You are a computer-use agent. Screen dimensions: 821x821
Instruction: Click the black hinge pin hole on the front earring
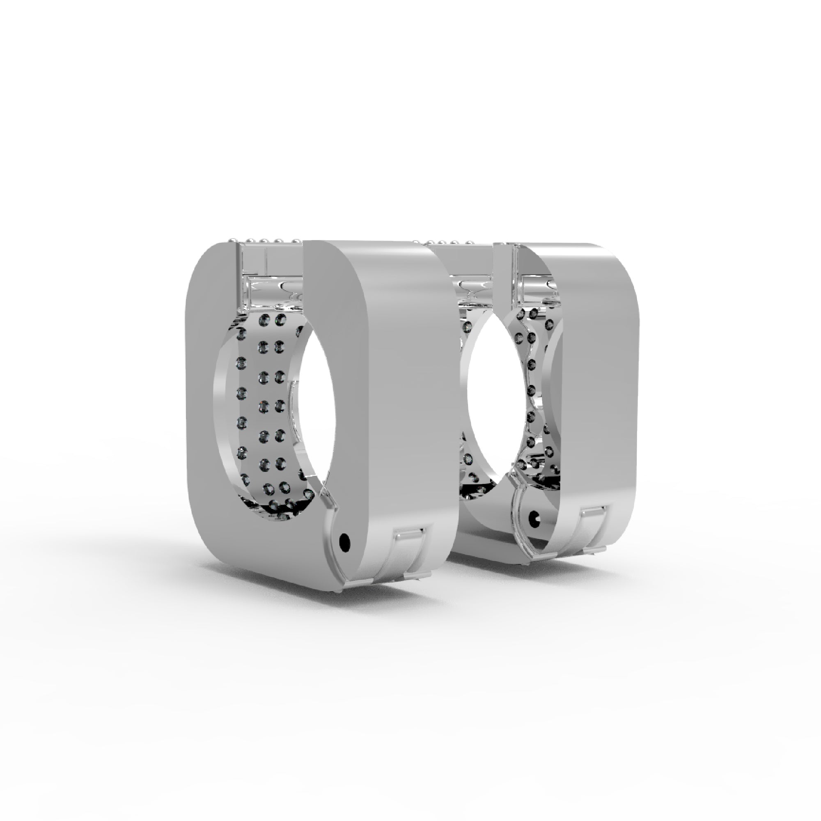click(345, 542)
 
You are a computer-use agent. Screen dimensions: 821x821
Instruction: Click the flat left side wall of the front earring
click(204, 404)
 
